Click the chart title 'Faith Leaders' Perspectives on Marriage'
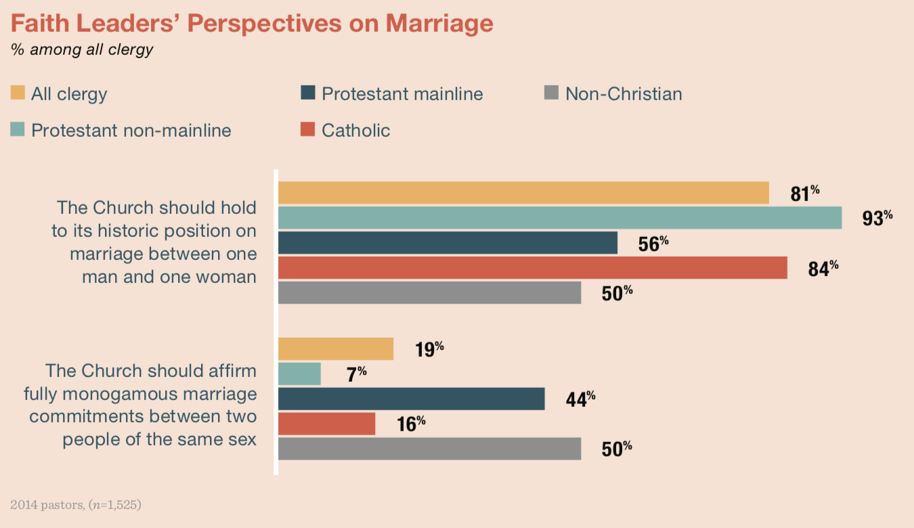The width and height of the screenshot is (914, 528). coord(251,24)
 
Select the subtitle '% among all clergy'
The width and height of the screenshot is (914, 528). coord(82,49)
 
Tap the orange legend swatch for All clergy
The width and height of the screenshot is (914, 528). coord(18,93)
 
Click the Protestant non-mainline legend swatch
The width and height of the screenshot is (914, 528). coord(18,129)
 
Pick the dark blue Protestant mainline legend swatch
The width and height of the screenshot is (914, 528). coord(308,93)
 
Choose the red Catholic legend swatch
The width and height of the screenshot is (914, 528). coord(308,129)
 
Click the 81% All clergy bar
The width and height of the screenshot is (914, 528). coord(523,193)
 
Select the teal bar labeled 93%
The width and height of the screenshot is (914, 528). coord(560,218)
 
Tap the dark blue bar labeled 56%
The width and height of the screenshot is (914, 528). coord(448,243)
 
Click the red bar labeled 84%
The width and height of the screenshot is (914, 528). coord(532,267)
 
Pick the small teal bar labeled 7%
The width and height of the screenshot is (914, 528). coord(299,374)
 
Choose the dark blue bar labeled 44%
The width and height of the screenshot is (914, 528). coord(411,399)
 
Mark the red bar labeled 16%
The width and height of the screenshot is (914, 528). coord(326,424)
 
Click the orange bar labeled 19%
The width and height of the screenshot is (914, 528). coord(336,349)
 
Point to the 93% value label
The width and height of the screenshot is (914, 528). coord(877,219)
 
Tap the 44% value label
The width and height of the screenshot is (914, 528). coord(580,399)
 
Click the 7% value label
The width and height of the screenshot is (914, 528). coord(356,374)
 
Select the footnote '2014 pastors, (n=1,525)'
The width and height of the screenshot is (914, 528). coord(76,504)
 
